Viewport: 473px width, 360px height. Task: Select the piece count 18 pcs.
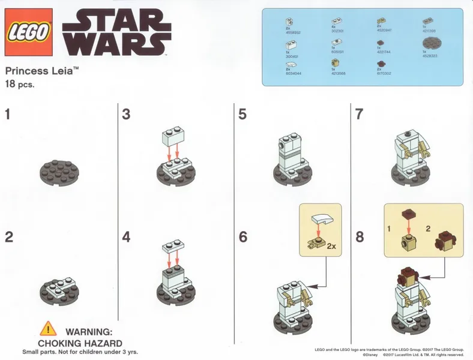pyautogui.click(x=20, y=85)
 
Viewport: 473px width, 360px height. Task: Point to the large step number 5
pyautogui.click(x=243, y=114)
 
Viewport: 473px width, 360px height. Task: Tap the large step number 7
pyautogui.click(x=360, y=114)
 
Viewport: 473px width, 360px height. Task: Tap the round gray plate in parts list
pyautogui.click(x=432, y=43)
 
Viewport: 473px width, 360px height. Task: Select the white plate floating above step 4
pyautogui.click(x=172, y=247)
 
